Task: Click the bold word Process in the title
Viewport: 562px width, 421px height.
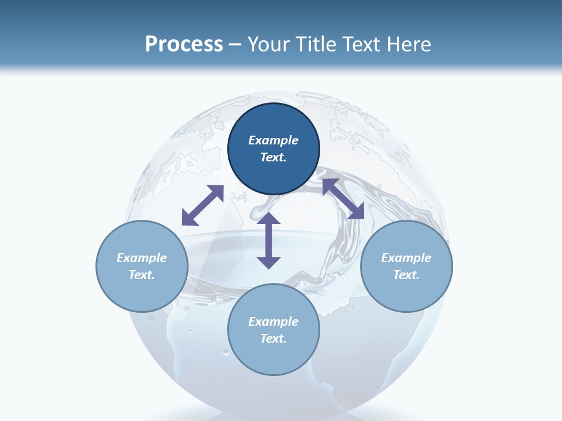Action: (x=184, y=44)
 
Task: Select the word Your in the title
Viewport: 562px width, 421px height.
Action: (x=271, y=44)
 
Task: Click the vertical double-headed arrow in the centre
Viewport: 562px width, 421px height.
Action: (x=269, y=241)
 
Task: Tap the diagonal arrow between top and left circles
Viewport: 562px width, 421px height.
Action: (x=203, y=205)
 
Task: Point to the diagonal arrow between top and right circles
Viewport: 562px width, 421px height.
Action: (x=343, y=199)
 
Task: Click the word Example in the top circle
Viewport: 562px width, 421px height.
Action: (x=273, y=140)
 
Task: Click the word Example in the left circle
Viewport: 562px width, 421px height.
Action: (x=142, y=258)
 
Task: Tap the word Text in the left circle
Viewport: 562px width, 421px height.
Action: (x=142, y=275)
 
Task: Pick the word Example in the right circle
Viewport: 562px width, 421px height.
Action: (x=406, y=258)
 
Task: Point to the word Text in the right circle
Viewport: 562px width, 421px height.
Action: (x=406, y=275)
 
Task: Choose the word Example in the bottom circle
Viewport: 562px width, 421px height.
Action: (x=273, y=322)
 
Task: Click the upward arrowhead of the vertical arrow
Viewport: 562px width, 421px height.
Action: (x=269, y=219)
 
